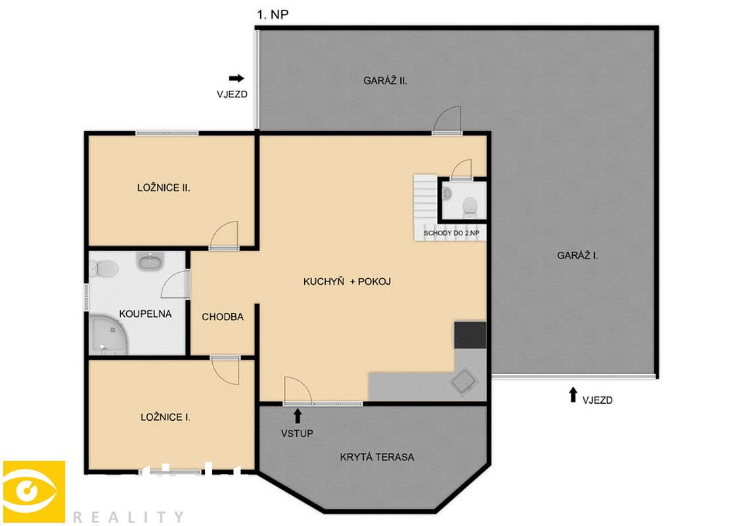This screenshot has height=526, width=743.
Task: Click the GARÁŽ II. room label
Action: pos(385,81)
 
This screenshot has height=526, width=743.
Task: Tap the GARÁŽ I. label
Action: pos(577,255)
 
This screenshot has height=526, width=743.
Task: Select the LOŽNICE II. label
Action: pos(164,188)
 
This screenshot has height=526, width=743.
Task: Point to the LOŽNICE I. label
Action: pos(165,417)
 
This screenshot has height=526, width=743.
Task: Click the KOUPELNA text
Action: pos(145,314)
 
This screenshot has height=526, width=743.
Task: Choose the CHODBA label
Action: pos(223,317)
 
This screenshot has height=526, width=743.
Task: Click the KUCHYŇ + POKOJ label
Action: pos(347,281)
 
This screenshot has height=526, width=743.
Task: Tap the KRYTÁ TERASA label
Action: pos(377,457)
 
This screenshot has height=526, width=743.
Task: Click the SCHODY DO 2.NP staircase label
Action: pos(451,233)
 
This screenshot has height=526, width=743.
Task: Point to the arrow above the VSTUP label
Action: pos(298,416)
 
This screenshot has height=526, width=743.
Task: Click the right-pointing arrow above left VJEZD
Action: pos(236,78)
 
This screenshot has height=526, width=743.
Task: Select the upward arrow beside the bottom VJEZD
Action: pos(573,394)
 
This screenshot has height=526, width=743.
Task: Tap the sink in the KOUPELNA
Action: pos(150,260)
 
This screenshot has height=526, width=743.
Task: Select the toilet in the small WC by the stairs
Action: pos(470,208)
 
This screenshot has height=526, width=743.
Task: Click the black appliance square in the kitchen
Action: pos(470,335)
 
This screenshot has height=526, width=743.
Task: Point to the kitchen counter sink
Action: pos(464,381)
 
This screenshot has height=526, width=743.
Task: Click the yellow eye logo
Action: pos(34,492)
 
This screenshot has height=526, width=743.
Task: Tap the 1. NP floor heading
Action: pos(273,14)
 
